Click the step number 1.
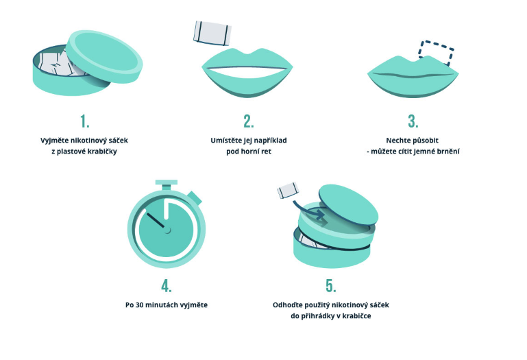pos(85,121)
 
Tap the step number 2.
pos(248,121)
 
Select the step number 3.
pos(413,121)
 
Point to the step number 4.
pos(167,286)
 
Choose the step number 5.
pos(331,286)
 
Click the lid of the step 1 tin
pos(104,56)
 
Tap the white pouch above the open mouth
pos(212,33)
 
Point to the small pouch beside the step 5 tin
pos(288,190)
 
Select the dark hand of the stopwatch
pos(156,221)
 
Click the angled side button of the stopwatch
pos(195,197)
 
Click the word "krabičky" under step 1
pos(102,152)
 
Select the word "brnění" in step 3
pos(448,152)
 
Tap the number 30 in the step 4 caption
pos(139,305)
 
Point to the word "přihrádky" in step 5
pos(317,316)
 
